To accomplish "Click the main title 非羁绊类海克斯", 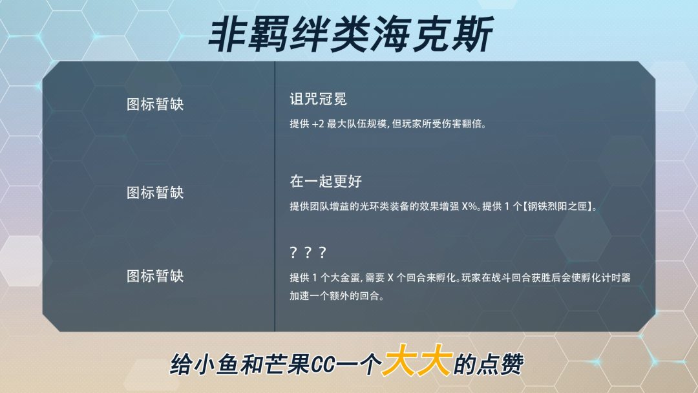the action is click(x=350, y=35).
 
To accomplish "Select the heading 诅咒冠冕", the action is click(x=318, y=99).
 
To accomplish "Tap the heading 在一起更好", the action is click(x=325, y=181).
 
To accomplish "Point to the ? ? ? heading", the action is click(x=308, y=253).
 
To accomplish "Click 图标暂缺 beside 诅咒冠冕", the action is click(x=155, y=104).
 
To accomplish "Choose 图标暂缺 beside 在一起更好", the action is click(x=155, y=193).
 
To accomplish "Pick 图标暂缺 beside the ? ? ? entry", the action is click(x=155, y=276).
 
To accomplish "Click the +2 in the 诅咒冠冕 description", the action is click(x=318, y=124).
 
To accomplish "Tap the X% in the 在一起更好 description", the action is click(x=469, y=206).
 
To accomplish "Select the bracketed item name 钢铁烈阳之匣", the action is click(x=558, y=206).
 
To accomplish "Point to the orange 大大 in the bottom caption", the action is click(x=418, y=361).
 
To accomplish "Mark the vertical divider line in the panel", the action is click(x=275, y=197).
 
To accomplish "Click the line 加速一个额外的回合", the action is click(x=335, y=297).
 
